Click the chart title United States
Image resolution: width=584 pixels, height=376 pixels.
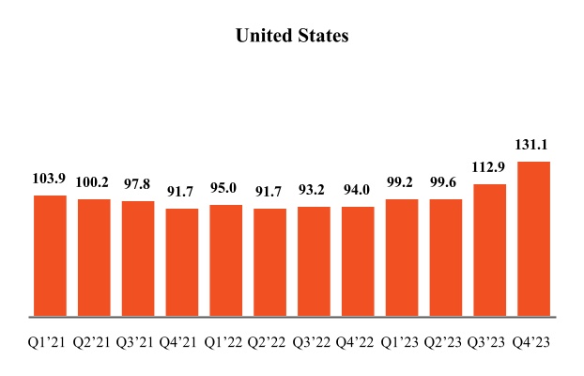292,36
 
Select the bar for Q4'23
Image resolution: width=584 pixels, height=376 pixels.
534,239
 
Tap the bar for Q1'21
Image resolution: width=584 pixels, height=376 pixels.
50,256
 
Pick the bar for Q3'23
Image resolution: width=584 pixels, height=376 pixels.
490,250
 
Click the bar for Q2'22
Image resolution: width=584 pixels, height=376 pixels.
269,262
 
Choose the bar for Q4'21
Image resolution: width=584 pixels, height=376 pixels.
182,262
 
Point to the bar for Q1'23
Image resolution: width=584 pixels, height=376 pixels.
402,258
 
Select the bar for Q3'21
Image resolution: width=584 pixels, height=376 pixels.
138,258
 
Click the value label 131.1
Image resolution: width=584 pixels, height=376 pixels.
534,146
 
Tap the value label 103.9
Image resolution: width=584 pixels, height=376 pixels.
50,180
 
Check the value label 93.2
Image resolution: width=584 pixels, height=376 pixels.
314,191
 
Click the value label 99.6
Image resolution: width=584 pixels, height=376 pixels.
446,183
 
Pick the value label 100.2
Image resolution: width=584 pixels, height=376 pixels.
94,183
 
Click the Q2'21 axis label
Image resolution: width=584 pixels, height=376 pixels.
94,343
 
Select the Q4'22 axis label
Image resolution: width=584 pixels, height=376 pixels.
358,343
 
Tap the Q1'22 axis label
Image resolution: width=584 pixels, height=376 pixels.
225,343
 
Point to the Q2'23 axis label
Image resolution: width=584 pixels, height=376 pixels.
446,343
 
